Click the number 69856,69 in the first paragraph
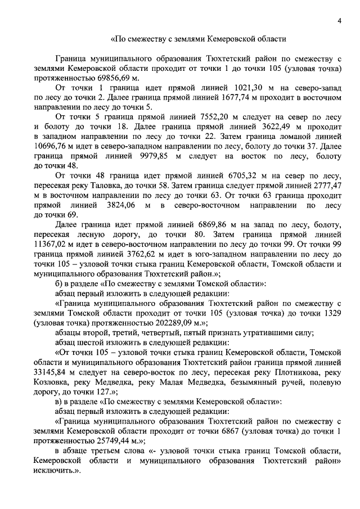pyautogui.click(x=119, y=78)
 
